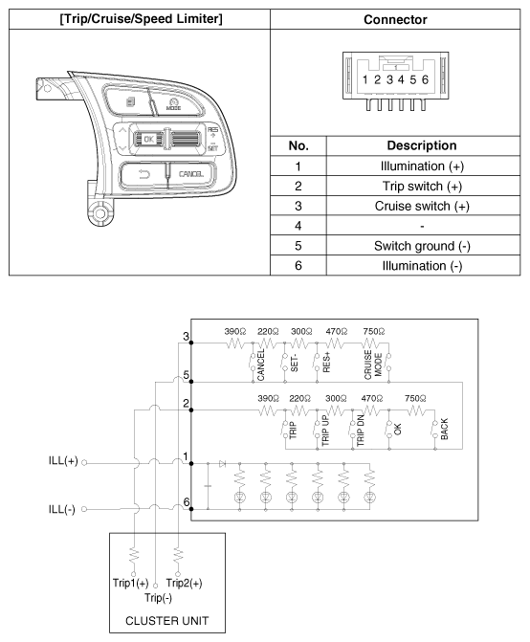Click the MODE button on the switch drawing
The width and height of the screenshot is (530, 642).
tap(173, 103)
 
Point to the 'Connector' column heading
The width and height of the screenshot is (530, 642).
tap(395, 18)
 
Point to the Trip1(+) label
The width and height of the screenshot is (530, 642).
tap(129, 582)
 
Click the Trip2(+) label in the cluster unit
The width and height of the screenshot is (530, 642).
tap(185, 582)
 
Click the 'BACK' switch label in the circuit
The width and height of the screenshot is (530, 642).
tap(443, 428)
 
